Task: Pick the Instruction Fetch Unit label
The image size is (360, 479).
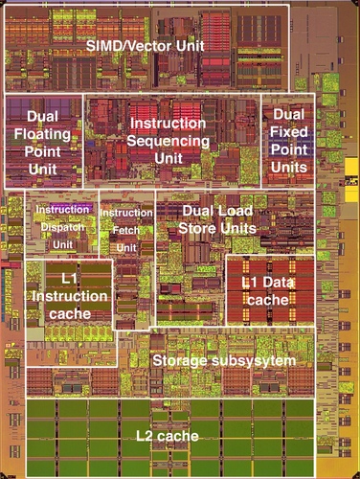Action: point(126,230)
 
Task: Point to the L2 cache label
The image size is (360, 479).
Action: point(167,437)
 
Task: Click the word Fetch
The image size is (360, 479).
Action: point(126,230)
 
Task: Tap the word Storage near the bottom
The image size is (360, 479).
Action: point(185,359)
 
